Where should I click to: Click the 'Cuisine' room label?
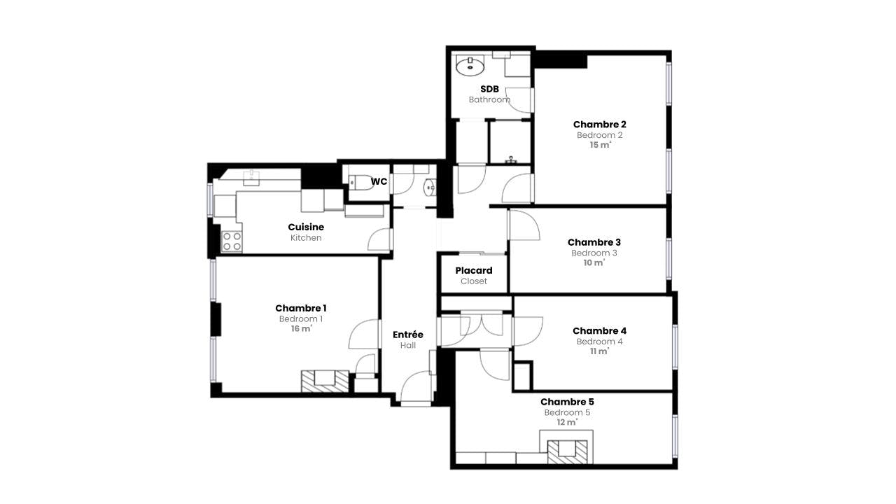[306, 227]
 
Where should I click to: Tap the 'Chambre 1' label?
[301, 308]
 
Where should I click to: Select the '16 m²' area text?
[302, 329]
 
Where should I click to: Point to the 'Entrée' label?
[408, 335]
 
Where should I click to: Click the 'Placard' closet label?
[474, 271]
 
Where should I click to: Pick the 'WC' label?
[379, 182]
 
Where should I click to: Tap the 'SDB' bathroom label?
[489, 89]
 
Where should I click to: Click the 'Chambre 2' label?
[600, 125]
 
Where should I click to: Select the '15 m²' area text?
[600, 145]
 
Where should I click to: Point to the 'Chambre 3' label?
[594, 243]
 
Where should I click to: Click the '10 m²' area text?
[594, 263]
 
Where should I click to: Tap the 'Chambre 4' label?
[600, 331]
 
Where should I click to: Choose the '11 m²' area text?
[600, 351]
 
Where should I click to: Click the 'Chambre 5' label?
[567, 402]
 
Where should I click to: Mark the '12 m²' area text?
[567, 422]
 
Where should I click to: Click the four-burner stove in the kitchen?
[232, 241]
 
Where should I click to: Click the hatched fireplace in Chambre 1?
[325, 381]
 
